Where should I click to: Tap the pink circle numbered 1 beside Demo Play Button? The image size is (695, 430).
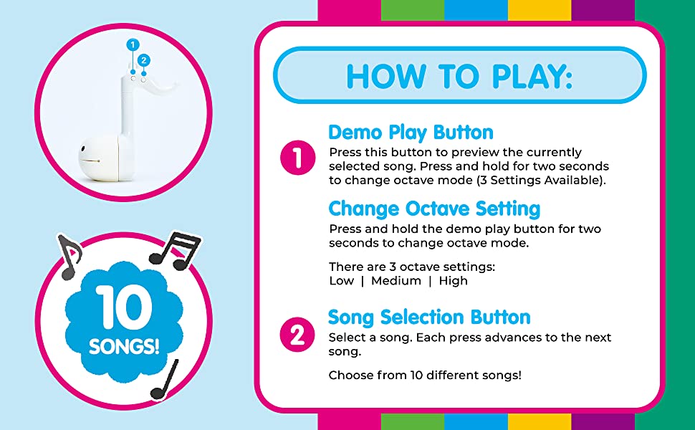tap(297, 158)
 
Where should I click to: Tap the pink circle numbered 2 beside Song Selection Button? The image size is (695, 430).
tap(297, 335)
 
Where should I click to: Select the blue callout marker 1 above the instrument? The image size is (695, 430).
tap(132, 44)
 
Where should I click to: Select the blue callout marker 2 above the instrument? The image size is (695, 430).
tap(144, 60)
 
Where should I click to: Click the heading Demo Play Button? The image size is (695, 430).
tap(411, 133)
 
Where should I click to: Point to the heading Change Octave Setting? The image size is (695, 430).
tap(434, 209)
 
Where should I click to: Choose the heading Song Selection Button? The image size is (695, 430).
tap(429, 317)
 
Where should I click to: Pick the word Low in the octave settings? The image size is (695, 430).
tap(341, 281)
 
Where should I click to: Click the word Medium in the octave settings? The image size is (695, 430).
tap(396, 281)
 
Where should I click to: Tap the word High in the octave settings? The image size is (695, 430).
tap(453, 281)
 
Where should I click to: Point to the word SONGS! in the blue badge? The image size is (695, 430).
tap(124, 347)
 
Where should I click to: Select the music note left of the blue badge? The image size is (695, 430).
tap(69, 256)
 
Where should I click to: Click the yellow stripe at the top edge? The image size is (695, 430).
tap(539, 10)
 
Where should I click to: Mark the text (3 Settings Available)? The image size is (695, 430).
tap(541, 180)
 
